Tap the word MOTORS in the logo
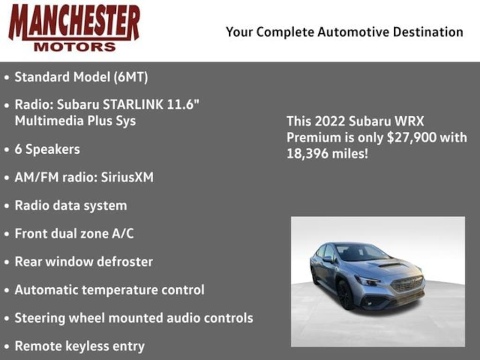pos(75,47)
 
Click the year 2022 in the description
pos(330,121)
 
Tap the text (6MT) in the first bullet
pos(130,77)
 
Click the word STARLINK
pos(134,105)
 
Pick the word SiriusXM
pos(127,178)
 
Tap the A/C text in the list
pos(121,233)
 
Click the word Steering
pos(40,318)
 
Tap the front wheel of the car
pos(345,295)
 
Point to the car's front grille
pos(407,283)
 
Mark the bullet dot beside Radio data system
pos(7,206)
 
